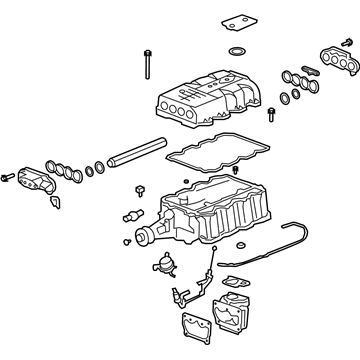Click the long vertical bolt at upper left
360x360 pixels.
[x=146, y=59]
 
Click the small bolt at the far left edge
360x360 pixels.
[x=7, y=178]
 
